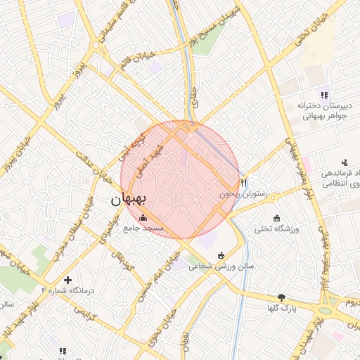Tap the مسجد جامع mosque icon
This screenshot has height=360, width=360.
click(x=144, y=217)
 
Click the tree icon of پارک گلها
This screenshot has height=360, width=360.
click(x=282, y=297)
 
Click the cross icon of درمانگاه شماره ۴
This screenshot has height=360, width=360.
click(x=67, y=280)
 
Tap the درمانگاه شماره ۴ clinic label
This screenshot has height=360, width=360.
click(x=67, y=290)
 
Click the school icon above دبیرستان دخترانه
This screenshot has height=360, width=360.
click(x=323, y=94)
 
